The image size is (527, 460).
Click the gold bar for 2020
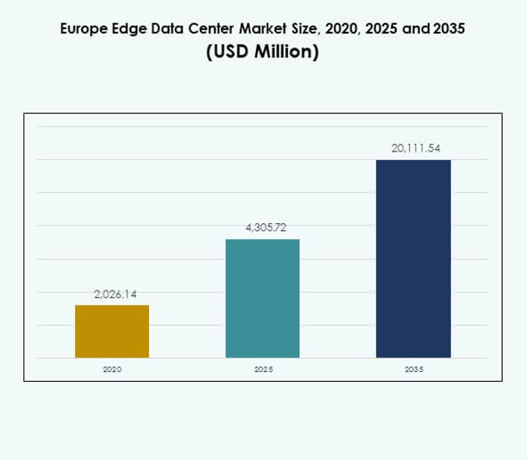[x=112, y=331]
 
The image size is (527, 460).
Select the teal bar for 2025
[x=262, y=298]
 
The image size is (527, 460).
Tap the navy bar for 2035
[x=413, y=259]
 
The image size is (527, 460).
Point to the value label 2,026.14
[x=115, y=294]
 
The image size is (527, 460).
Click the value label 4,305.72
[x=265, y=228]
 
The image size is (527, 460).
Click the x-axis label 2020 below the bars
[x=112, y=369]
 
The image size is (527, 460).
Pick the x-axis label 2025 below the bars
[x=263, y=369]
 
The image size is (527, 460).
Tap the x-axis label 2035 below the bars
[x=414, y=369]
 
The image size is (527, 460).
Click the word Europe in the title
[x=81, y=30]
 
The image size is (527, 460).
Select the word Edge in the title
[x=125, y=30]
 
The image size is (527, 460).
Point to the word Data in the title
[x=162, y=30]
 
